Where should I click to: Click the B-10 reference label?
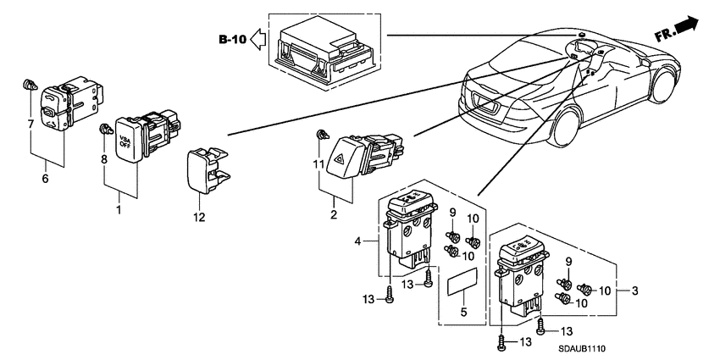coord(232,40)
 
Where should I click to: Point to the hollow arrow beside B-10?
coord(258,40)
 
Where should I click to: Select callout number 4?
coord(359,241)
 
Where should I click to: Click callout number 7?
coord(32,124)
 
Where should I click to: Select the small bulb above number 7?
coord(30,84)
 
